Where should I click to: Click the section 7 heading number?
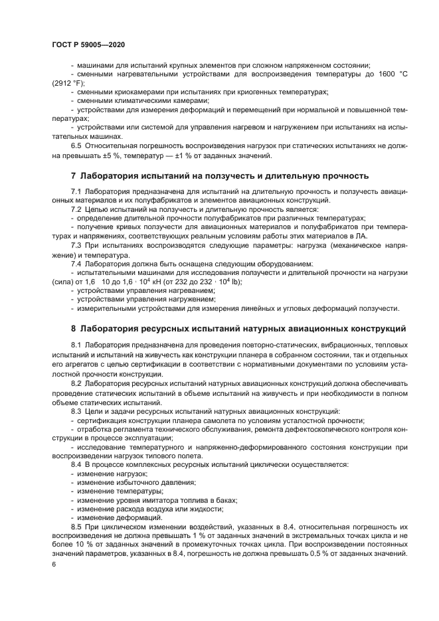[x=73, y=176]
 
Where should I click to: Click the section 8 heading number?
[x=73, y=328]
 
